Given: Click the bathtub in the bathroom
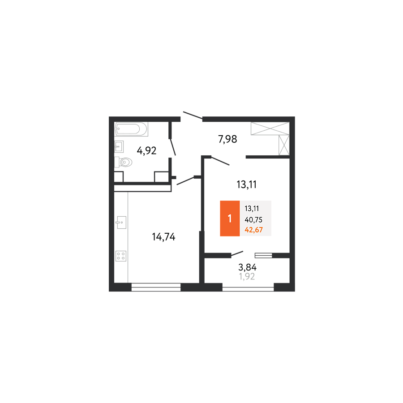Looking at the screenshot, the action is click(x=131, y=129).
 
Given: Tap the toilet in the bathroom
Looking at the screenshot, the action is click(x=124, y=162).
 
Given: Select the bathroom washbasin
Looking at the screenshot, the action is click(x=119, y=146).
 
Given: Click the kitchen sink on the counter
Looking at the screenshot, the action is click(x=121, y=222).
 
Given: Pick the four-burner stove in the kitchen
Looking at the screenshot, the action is click(x=121, y=256).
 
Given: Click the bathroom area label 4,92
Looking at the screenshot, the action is click(x=146, y=150).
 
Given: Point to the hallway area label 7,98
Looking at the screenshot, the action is click(x=227, y=139).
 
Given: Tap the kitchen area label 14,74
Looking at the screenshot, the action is click(x=164, y=237).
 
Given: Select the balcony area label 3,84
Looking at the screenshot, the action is click(x=247, y=267).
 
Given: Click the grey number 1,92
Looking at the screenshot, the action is click(x=247, y=277).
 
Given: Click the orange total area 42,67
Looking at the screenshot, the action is click(x=254, y=230).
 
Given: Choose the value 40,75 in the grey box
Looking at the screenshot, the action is click(x=253, y=220).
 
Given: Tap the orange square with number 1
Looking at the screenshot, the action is click(x=230, y=218).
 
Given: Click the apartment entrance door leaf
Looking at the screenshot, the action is click(x=193, y=116).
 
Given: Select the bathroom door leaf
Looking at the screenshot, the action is click(x=172, y=147).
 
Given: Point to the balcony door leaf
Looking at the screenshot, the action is click(x=237, y=254).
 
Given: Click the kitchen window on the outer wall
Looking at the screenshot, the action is click(x=156, y=287).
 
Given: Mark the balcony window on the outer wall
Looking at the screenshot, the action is click(x=248, y=287).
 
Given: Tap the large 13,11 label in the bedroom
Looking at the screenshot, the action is click(x=246, y=184).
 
